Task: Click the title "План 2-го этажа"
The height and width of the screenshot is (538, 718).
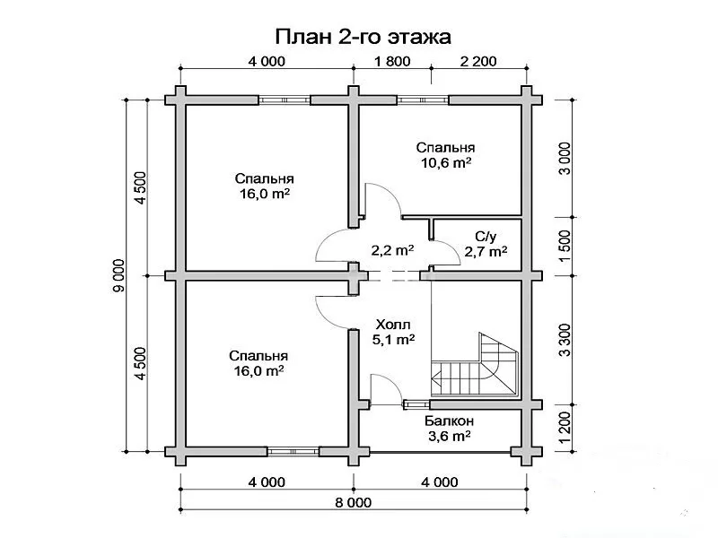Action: [x=363, y=38]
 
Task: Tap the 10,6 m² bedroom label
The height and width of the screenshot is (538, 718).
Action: [x=445, y=155]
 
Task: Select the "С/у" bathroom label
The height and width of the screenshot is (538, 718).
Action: [x=486, y=237]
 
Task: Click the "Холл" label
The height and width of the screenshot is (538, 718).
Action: [x=393, y=325]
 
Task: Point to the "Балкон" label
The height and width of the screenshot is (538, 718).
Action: [x=450, y=421]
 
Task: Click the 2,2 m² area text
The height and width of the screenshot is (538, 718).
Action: [x=392, y=250]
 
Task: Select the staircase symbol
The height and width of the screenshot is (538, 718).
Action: [x=475, y=365]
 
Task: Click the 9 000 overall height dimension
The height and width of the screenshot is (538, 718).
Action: [x=119, y=276]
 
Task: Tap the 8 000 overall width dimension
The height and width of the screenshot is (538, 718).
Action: [x=353, y=503]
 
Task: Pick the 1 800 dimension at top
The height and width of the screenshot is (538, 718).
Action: [x=392, y=61]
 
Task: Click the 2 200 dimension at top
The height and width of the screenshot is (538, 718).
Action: [x=478, y=61]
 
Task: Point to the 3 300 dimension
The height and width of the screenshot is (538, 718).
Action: [x=565, y=340]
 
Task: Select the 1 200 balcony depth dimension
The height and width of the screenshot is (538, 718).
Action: [x=565, y=428]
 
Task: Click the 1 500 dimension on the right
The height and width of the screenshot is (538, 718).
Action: [x=565, y=247]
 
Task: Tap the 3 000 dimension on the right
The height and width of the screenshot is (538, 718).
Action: [x=565, y=159]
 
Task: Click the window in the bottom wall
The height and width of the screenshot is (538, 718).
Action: [x=293, y=452]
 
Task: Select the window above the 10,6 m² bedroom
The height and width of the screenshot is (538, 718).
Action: [x=422, y=100]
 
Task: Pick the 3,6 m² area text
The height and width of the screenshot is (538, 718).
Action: [x=450, y=436]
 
